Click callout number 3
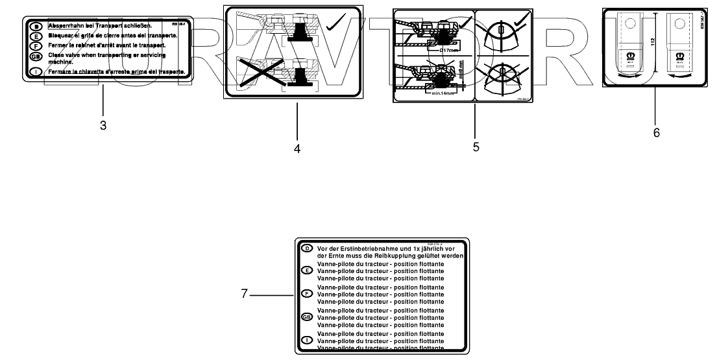click(x=103, y=125)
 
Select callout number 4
click(x=297, y=149)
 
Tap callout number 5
click(x=476, y=147)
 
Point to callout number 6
click(x=656, y=132)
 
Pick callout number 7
click(x=245, y=294)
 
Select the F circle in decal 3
click(x=36, y=46)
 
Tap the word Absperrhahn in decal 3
click(x=67, y=25)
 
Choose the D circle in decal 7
click(x=306, y=248)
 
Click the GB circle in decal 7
click(x=306, y=317)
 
